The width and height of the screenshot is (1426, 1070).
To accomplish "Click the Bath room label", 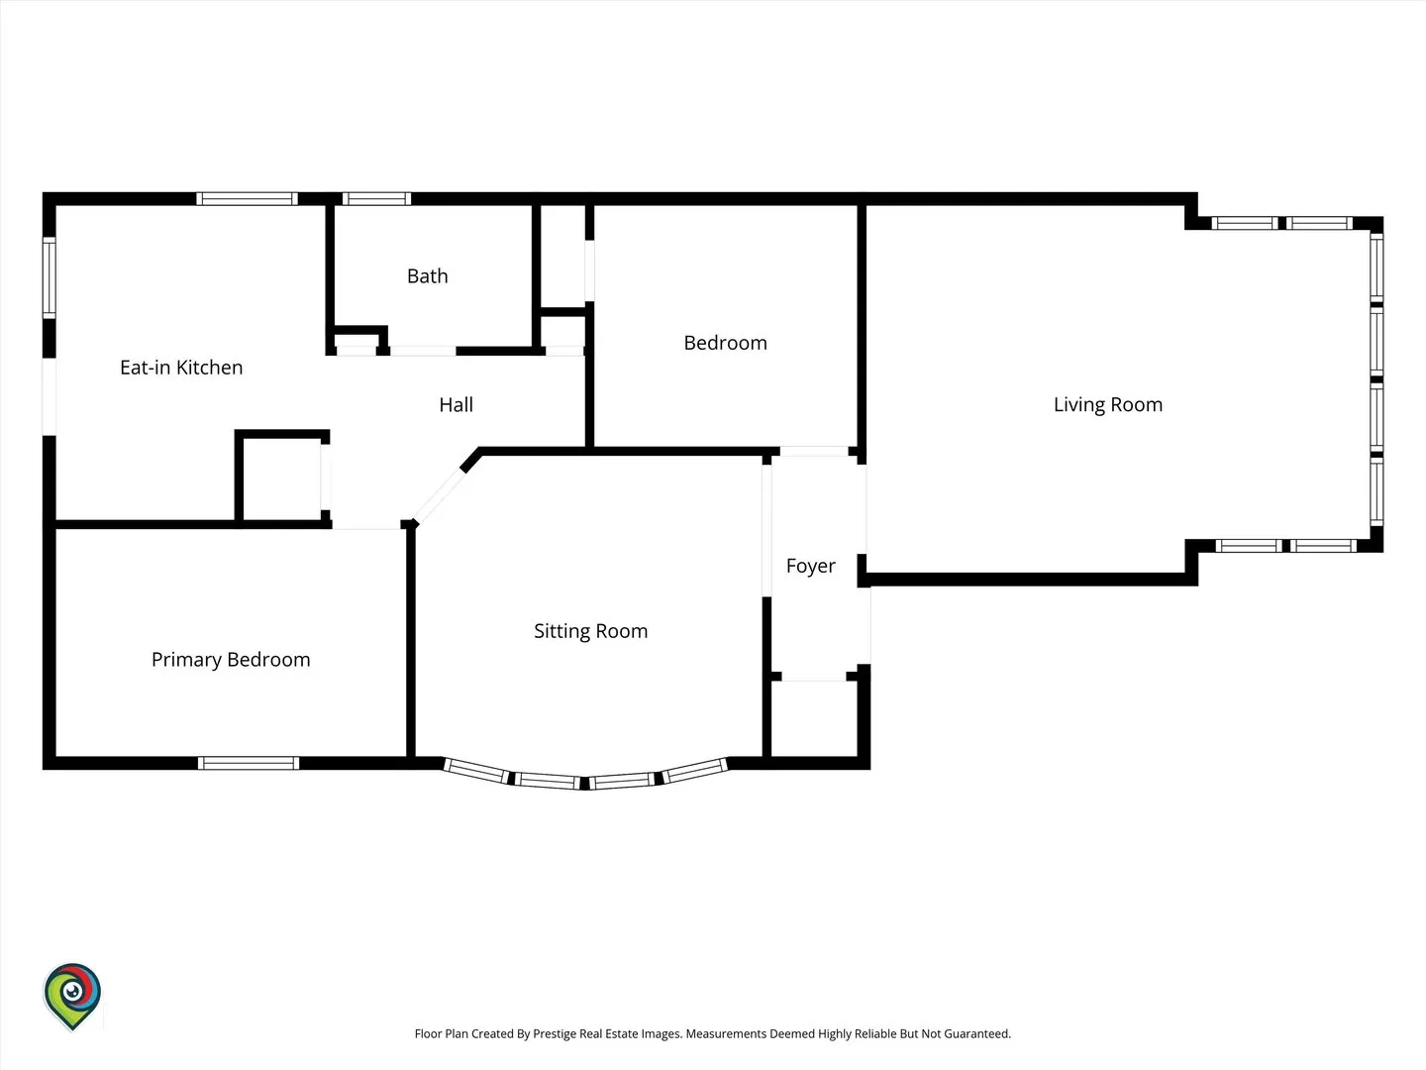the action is (x=428, y=276).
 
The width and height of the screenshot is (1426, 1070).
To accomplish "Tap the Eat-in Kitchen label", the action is (x=181, y=367).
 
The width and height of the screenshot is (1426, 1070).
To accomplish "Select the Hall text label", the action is (x=457, y=405).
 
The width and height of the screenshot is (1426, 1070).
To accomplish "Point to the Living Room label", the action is (x=1108, y=404).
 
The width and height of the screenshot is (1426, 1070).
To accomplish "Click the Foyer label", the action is (x=810, y=566).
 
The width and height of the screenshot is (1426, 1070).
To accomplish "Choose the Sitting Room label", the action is (x=590, y=631).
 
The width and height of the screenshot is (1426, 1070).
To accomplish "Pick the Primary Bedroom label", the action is (x=231, y=660).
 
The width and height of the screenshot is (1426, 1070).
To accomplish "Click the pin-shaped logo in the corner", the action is (x=72, y=997).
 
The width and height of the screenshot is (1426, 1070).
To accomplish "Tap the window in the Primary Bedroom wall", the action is (x=249, y=763).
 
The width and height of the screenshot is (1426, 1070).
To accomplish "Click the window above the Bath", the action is (x=377, y=199).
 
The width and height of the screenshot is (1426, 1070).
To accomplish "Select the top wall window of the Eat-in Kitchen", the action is (x=247, y=199).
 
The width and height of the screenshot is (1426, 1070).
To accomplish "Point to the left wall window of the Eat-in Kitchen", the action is (x=50, y=278).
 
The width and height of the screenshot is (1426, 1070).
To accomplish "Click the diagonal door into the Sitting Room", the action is (x=440, y=497).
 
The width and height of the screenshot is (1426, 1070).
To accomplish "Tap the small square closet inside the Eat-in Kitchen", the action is (x=280, y=478).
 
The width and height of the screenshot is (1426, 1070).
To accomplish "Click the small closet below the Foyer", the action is (x=814, y=718).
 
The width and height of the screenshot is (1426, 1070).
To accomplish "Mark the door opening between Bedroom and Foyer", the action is (x=814, y=451).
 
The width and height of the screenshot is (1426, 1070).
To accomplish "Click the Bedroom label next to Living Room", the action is (x=725, y=343).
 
